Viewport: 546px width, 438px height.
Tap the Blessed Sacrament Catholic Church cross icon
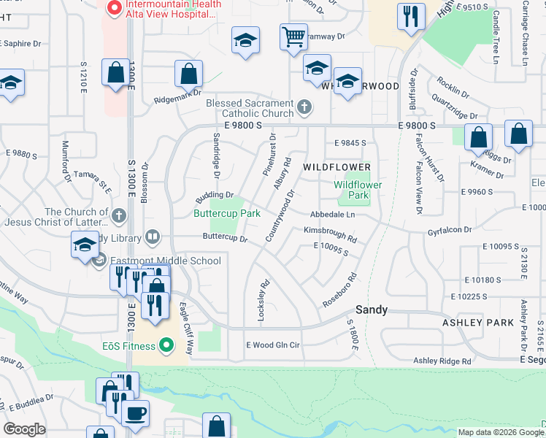pos(306,108)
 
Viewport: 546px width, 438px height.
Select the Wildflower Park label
pos(351,191)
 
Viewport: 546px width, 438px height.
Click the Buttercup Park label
pos(226,214)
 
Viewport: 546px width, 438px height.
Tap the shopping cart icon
pos(293,36)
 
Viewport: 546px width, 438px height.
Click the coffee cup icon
pos(135,414)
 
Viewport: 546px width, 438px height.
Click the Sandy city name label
pos(371,310)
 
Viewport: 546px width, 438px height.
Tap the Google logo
pos(24,429)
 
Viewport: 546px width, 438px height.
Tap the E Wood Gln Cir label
pos(274,345)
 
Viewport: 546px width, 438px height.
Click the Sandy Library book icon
pos(153,236)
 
